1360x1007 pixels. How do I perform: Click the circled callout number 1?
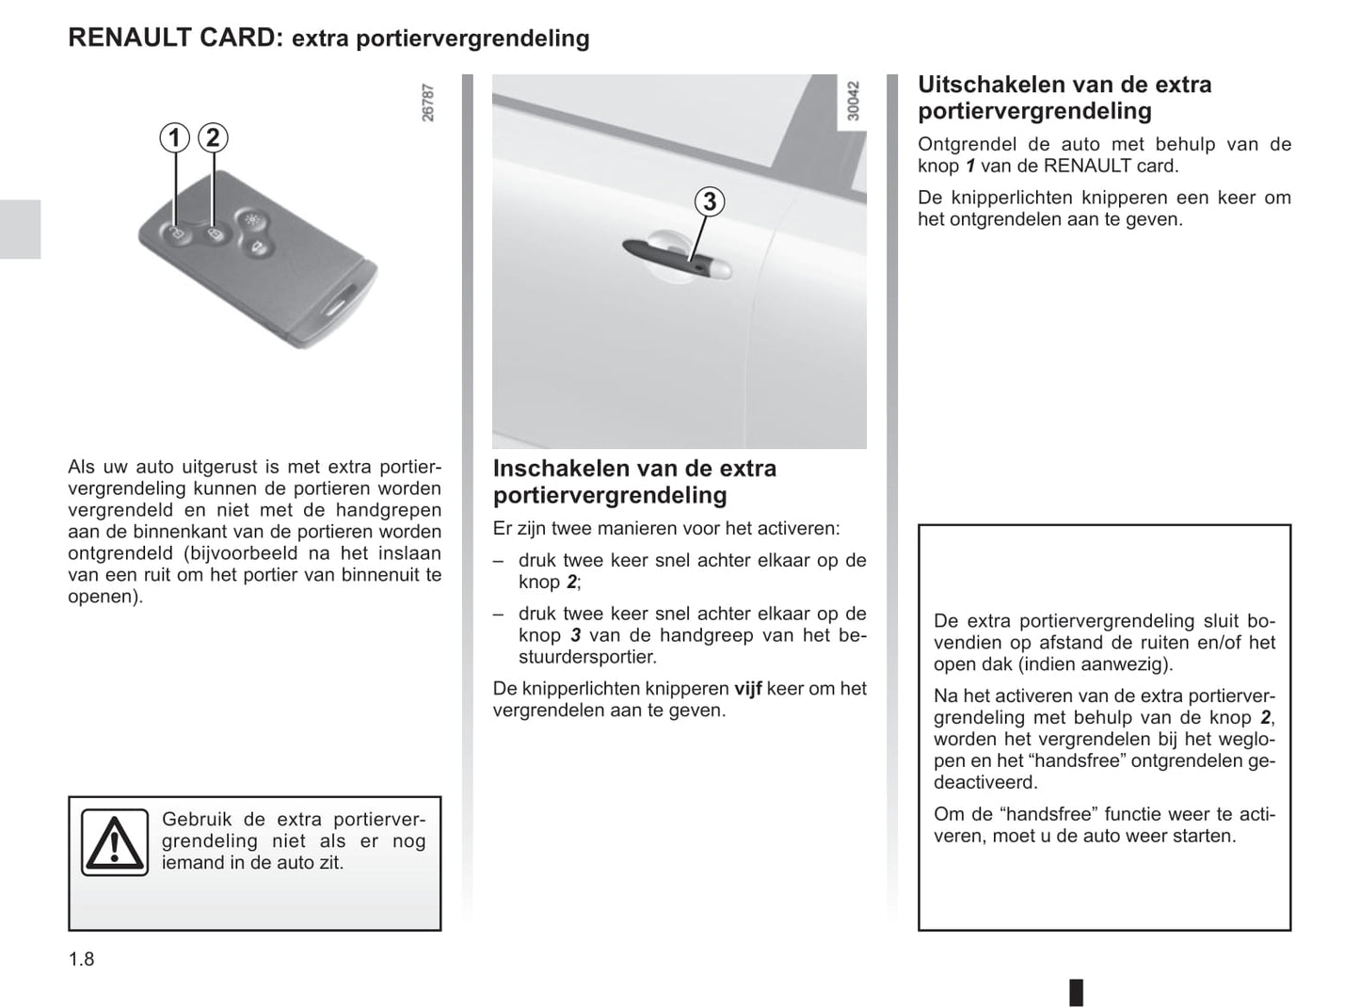(173, 138)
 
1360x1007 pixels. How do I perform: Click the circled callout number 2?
(213, 138)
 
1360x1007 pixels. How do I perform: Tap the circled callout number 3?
(710, 201)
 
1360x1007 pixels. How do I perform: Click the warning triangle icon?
(114, 842)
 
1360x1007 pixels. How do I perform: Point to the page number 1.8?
(81, 959)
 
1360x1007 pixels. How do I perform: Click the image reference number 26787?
(428, 103)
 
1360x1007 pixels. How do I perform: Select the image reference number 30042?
(854, 102)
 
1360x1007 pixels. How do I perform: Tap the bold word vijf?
(747, 689)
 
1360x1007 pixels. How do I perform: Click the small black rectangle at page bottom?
(1076, 992)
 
